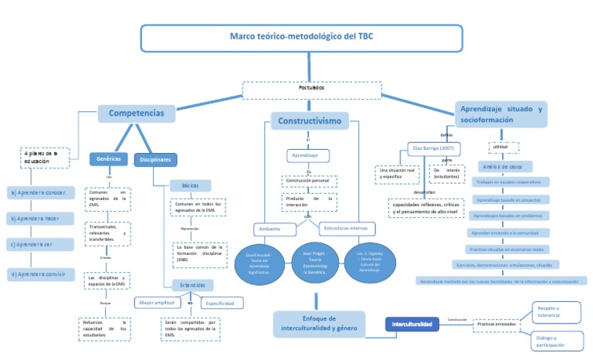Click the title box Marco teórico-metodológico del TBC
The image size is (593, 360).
tap(301, 37)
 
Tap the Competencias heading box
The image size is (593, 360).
tap(136, 114)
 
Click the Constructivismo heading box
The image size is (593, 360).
tap(310, 121)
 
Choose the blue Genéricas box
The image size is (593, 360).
tap(109, 158)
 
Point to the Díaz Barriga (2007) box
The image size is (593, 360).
tap(435, 147)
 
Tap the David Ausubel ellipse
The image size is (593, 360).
tap(259, 263)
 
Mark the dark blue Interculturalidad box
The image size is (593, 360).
tap(412, 324)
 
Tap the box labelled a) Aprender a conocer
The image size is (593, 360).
tap(41, 192)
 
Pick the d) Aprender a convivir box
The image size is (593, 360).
tap(41, 273)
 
